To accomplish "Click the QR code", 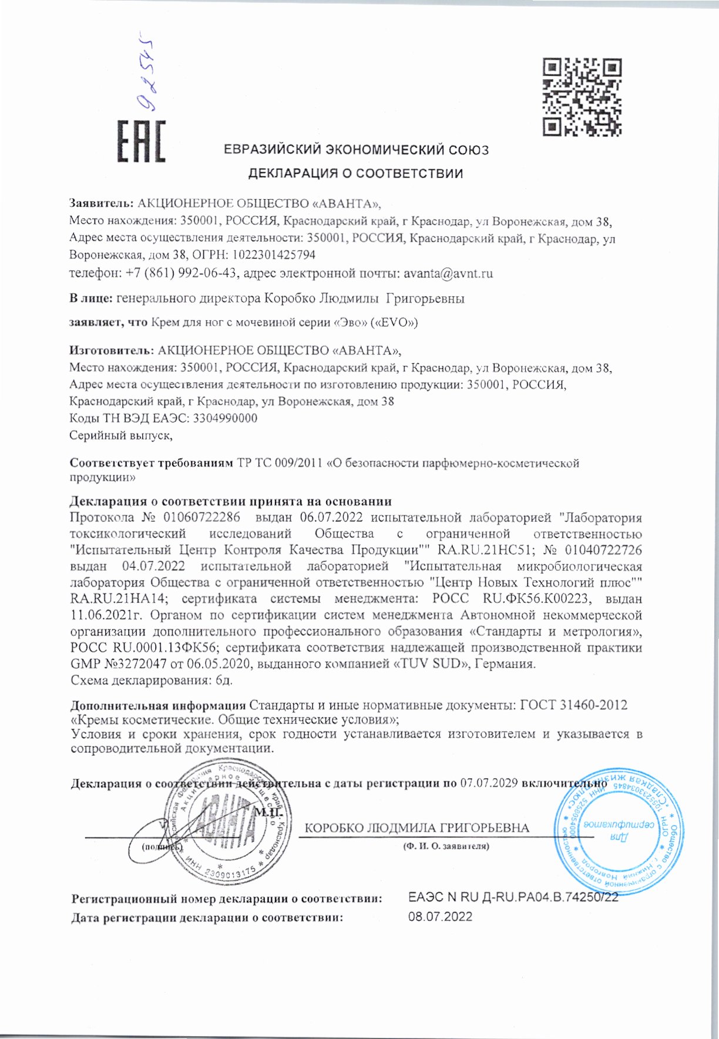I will pos(581,96).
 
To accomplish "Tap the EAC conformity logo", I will pos(141,141).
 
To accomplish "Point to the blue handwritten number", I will pos(144,73).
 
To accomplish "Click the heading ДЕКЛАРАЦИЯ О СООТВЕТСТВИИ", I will pos(355,173).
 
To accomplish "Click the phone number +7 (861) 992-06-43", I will pos(181,273).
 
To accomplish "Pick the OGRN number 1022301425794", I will pos(274,255).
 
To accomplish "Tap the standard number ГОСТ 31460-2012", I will pos(574,705).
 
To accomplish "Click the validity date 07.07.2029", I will pos(488,783).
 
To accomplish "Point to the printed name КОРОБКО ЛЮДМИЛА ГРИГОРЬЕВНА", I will pos(417,828).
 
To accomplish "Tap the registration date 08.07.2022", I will pos(440,917).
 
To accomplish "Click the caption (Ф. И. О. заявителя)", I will pos(446,846).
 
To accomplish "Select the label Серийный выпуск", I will pos(120,435).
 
